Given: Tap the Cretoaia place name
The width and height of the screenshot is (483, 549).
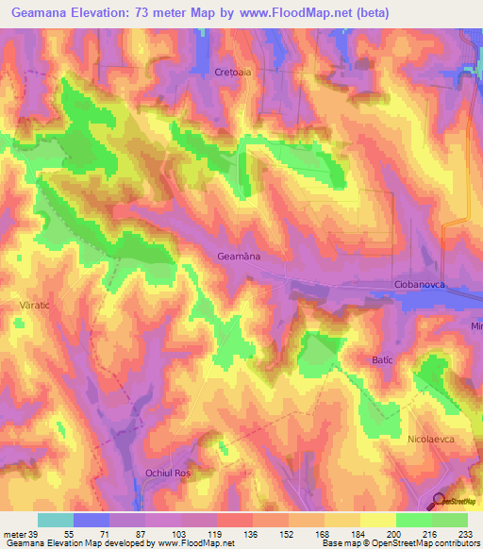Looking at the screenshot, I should (x=234, y=72).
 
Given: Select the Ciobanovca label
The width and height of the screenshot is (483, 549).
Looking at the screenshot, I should (x=420, y=284).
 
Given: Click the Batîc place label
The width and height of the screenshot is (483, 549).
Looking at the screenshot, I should (x=381, y=360).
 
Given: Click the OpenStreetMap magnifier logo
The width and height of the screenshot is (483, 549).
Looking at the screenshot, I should (x=440, y=501).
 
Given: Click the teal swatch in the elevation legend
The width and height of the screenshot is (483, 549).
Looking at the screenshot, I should (x=56, y=520).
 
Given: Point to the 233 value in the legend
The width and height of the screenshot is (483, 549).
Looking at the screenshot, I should (x=465, y=533).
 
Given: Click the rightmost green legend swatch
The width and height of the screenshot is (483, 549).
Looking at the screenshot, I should (x=450, y=520).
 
